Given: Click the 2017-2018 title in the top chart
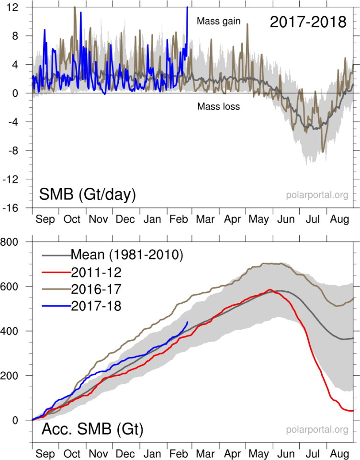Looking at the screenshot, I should coord(307,22).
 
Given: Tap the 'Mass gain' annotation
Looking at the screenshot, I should coord(219,21).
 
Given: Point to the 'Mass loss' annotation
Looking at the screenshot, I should coord(218,107).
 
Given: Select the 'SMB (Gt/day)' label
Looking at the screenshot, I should coord(87,195).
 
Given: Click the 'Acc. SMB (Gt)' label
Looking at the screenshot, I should coord(91,429).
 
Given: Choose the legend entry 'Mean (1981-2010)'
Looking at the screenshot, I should coord(126,254).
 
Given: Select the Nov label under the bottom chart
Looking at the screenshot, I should coord(98,453).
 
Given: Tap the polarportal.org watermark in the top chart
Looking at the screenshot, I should coord(317,195).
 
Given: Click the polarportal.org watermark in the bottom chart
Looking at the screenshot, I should coord(317,430).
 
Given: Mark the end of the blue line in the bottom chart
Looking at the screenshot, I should coord(187,322).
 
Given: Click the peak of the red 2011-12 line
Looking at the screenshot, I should coord(270,289).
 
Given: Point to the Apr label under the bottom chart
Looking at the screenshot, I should coord(233,453).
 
